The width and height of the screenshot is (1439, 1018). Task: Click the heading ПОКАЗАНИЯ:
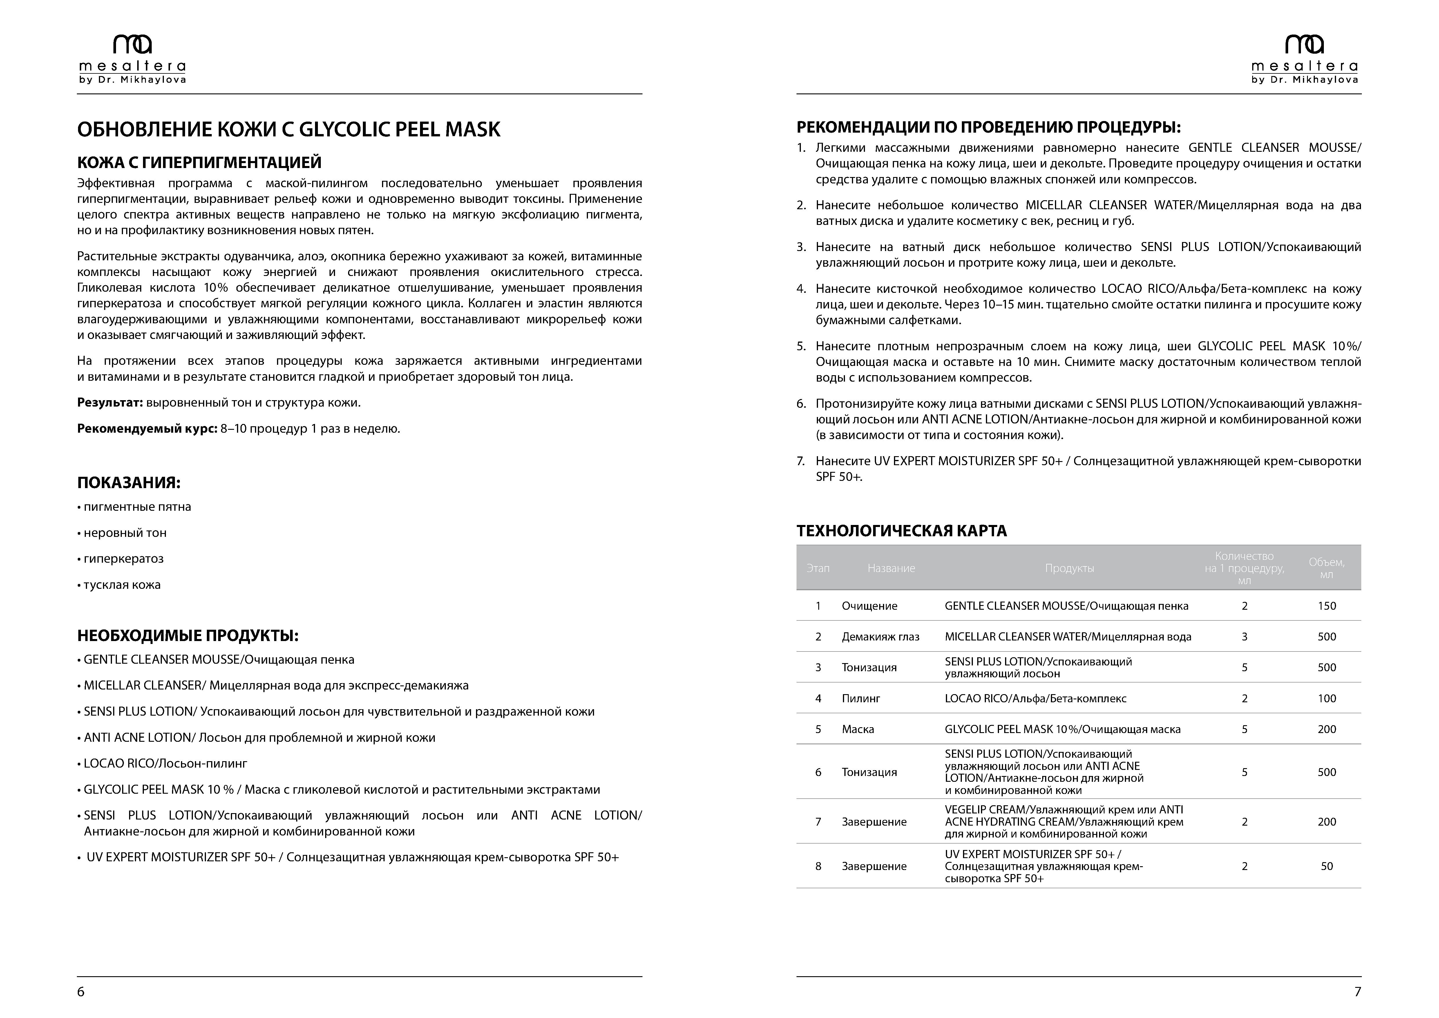coord(128,483)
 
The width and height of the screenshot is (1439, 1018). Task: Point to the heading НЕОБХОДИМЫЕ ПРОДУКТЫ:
coord(187,636)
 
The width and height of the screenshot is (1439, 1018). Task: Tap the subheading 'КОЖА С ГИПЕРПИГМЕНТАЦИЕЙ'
coord(199,162)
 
